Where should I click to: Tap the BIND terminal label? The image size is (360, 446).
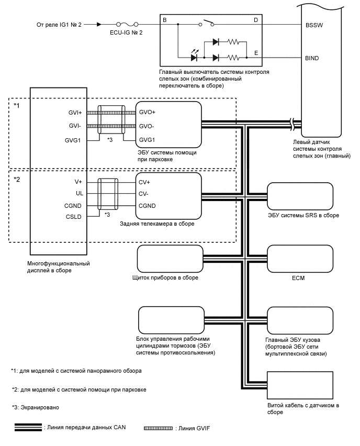(x=312, y=58)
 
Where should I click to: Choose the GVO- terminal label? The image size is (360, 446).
(x=147, y=126)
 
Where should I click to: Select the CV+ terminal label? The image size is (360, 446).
(x=144, y=182)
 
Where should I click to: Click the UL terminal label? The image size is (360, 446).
(x=80, y=193)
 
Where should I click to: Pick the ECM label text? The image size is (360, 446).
(x=298, y=278)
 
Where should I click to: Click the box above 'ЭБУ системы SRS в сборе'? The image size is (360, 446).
(x=300, y=197)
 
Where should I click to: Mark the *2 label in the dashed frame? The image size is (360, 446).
(x=17, y=179)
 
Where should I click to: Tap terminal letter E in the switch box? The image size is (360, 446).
(x=256, y=53)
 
